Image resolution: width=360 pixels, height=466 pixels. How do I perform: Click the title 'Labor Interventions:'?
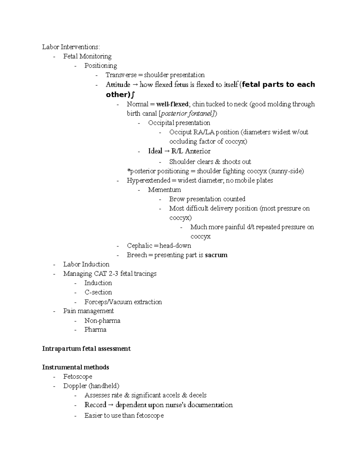71,47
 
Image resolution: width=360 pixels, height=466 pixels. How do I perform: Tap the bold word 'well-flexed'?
172,104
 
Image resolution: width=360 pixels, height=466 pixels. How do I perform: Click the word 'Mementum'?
164,190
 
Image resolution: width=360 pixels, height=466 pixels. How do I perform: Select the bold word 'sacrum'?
216,255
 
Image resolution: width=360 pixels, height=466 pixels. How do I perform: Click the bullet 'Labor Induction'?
86,264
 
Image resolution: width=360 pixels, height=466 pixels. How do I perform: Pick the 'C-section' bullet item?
98,292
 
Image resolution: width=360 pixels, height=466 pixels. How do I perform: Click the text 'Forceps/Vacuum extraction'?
123,302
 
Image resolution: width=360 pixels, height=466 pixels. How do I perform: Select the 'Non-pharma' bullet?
102,320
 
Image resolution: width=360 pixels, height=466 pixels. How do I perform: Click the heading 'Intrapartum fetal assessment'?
86,349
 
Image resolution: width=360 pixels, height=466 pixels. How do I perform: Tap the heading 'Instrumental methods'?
76,367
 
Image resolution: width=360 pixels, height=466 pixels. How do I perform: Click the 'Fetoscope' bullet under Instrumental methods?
78,377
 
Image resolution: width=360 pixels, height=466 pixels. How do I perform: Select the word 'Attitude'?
118,85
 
